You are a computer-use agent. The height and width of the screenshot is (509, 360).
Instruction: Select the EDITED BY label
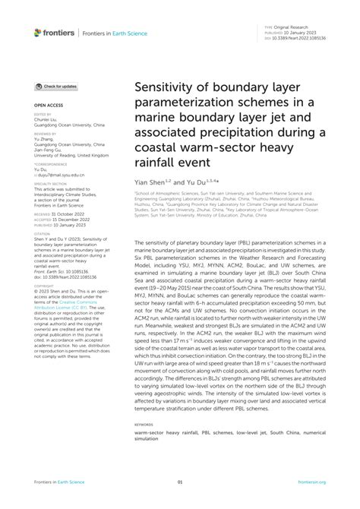point(41,113)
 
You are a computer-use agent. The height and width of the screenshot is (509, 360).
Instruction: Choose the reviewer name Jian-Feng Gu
point(49,150)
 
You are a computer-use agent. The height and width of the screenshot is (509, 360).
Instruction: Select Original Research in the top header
point(295,24)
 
